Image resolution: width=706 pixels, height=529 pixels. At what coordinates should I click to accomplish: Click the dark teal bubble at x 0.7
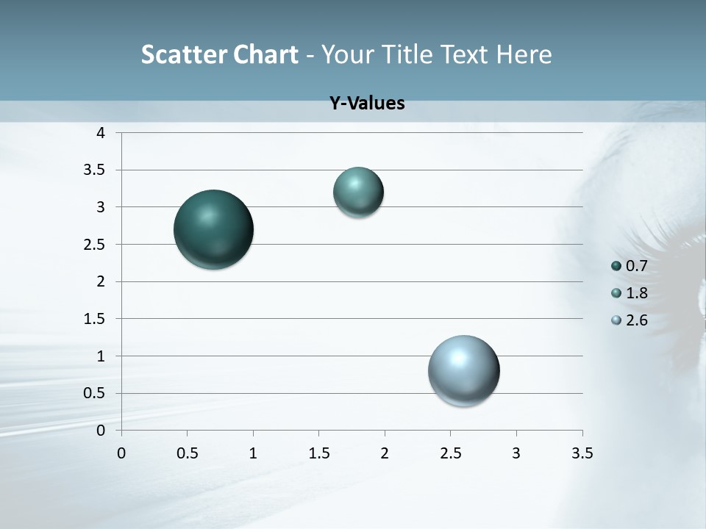coord(213,229)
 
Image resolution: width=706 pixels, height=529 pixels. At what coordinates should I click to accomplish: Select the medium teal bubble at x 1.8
coord(358,192)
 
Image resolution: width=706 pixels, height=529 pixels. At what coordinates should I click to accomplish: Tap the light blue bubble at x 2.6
coord(463,370)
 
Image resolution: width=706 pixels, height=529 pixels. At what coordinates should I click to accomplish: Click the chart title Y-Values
coord(366,104)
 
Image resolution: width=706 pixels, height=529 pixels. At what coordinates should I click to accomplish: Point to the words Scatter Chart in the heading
coord(220,54)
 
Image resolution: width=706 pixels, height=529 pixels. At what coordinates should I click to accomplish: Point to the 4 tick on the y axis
coord(101,133)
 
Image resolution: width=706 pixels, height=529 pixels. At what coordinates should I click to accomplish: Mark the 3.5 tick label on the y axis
coord(95,170)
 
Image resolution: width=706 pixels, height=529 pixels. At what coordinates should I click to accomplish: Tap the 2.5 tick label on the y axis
coord(95,244)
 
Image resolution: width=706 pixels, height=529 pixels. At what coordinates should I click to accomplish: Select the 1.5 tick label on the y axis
coord(95,319)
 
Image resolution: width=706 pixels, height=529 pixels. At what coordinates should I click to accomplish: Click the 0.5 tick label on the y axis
coord(95,393)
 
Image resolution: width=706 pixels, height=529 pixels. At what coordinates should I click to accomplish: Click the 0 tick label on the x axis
coord(121,453)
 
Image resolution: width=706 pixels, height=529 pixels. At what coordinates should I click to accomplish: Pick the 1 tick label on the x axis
coord(253,453)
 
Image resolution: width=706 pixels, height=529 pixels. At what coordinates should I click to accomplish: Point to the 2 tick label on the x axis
coord(385,453)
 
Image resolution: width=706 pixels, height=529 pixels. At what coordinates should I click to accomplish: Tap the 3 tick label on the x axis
coord(516,453)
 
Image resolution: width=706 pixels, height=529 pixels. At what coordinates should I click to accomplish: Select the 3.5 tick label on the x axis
coord(582,453)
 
